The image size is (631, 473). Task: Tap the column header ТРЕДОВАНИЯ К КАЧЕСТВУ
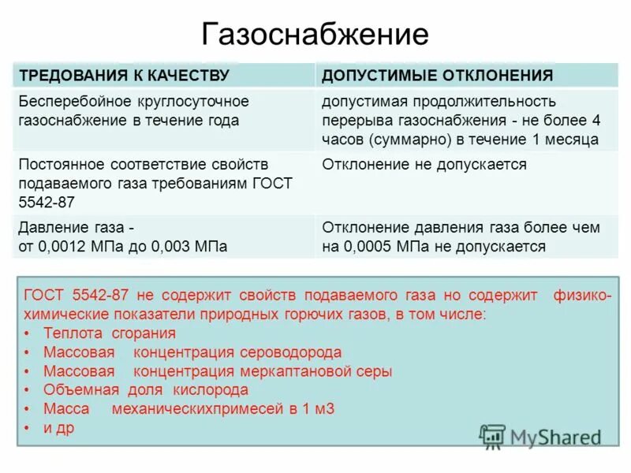point(124,76)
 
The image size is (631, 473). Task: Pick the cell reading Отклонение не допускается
point(424,165)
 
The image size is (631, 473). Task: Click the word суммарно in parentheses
point(405,140)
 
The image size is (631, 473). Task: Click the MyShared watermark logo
point(541,436)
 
